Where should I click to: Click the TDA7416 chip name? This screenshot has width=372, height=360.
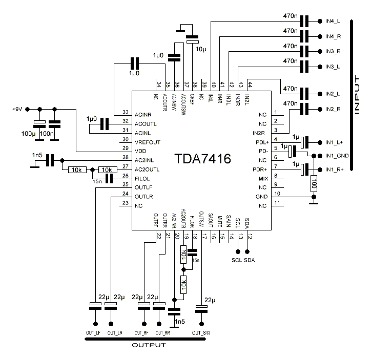click(203, 159)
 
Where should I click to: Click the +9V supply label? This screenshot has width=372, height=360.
click(17, 109)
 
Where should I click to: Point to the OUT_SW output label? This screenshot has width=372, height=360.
click(201, 333)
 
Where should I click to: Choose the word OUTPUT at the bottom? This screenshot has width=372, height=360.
click(149, 346)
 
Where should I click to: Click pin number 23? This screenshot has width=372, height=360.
click(125, 203)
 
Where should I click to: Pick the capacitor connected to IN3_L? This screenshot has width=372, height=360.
click(305, 67)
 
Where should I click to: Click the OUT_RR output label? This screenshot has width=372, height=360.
click(163, 333)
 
